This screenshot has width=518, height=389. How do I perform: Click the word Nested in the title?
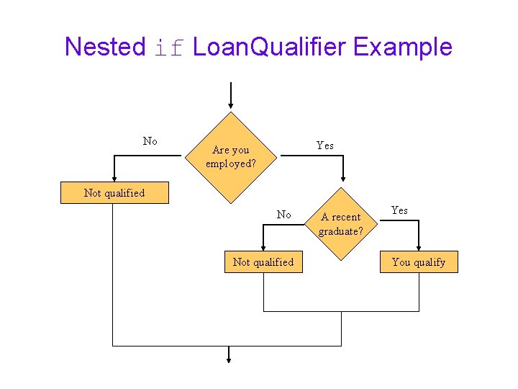pyautogui.click(x=105, y=47)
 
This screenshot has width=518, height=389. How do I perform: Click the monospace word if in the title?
pyautogui.click(x=170, y=48)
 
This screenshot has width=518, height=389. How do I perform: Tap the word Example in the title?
pyautogui.click(x=403, y=47)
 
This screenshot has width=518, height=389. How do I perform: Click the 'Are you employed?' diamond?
pyautogui.click(x=230, y=156)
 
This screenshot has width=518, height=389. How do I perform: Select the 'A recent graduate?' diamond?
pyautogui.click(x=341, y=223)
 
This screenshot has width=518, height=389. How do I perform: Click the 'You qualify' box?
pyautogui.click(x=418, y=262)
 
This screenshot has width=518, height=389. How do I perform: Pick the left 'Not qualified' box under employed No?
pyautogui.click(x=114, y=193)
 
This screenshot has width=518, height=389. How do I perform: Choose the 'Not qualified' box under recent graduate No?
pyautogui.click(x=263, y=262)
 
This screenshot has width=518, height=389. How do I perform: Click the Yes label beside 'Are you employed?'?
pyautogui.click(x=325, y=146)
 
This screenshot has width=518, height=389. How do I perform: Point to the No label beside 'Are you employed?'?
pyautogui.click(x=150, y=141)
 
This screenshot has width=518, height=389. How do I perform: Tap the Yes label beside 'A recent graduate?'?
pyautogui.click(x=399, y=210)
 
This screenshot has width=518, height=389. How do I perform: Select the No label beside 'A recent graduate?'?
pyautogui.click(x=284, y=214)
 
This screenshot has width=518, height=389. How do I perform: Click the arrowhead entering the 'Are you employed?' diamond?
pyautogui.click(x=230, y=107)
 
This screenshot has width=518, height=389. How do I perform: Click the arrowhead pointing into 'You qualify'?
pyautogui.click(x=419, y=246)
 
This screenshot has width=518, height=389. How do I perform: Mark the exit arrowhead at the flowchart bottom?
pyautogui.click(x=229, y=358)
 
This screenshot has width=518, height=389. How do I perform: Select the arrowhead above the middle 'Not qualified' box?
pyautogui.click(x=263, y=246)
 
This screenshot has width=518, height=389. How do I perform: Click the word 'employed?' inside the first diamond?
pyautogui.click(x=230, y=164)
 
